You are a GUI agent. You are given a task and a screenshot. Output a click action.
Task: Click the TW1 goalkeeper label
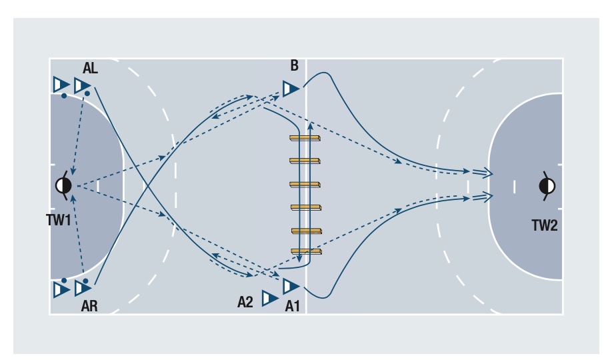click(x=59, y=220)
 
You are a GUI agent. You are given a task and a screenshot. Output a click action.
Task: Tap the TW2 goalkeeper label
click(x=545, y=225)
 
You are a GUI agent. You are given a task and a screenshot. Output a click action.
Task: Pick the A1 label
click(x=293, y=306)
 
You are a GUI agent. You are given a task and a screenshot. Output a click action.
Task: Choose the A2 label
click(x=246, y=302)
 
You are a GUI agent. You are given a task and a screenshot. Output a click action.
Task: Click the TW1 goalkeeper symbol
click(x=64, y=185)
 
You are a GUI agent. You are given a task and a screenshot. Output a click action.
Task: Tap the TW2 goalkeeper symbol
click(x=547, y=185)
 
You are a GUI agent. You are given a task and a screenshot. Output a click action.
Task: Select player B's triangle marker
click(x=290, y=88)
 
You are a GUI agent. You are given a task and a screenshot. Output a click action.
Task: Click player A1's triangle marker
click(x=290, y=287)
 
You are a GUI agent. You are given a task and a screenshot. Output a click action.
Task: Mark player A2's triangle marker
click(x=269, y=298)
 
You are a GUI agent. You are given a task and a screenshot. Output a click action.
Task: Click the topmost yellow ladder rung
click(x=305, y=138)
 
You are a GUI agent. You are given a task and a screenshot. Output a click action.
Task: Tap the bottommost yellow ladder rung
click(x=306, y=251)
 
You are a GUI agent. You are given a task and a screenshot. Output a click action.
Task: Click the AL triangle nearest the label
click(x=82, y=85)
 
